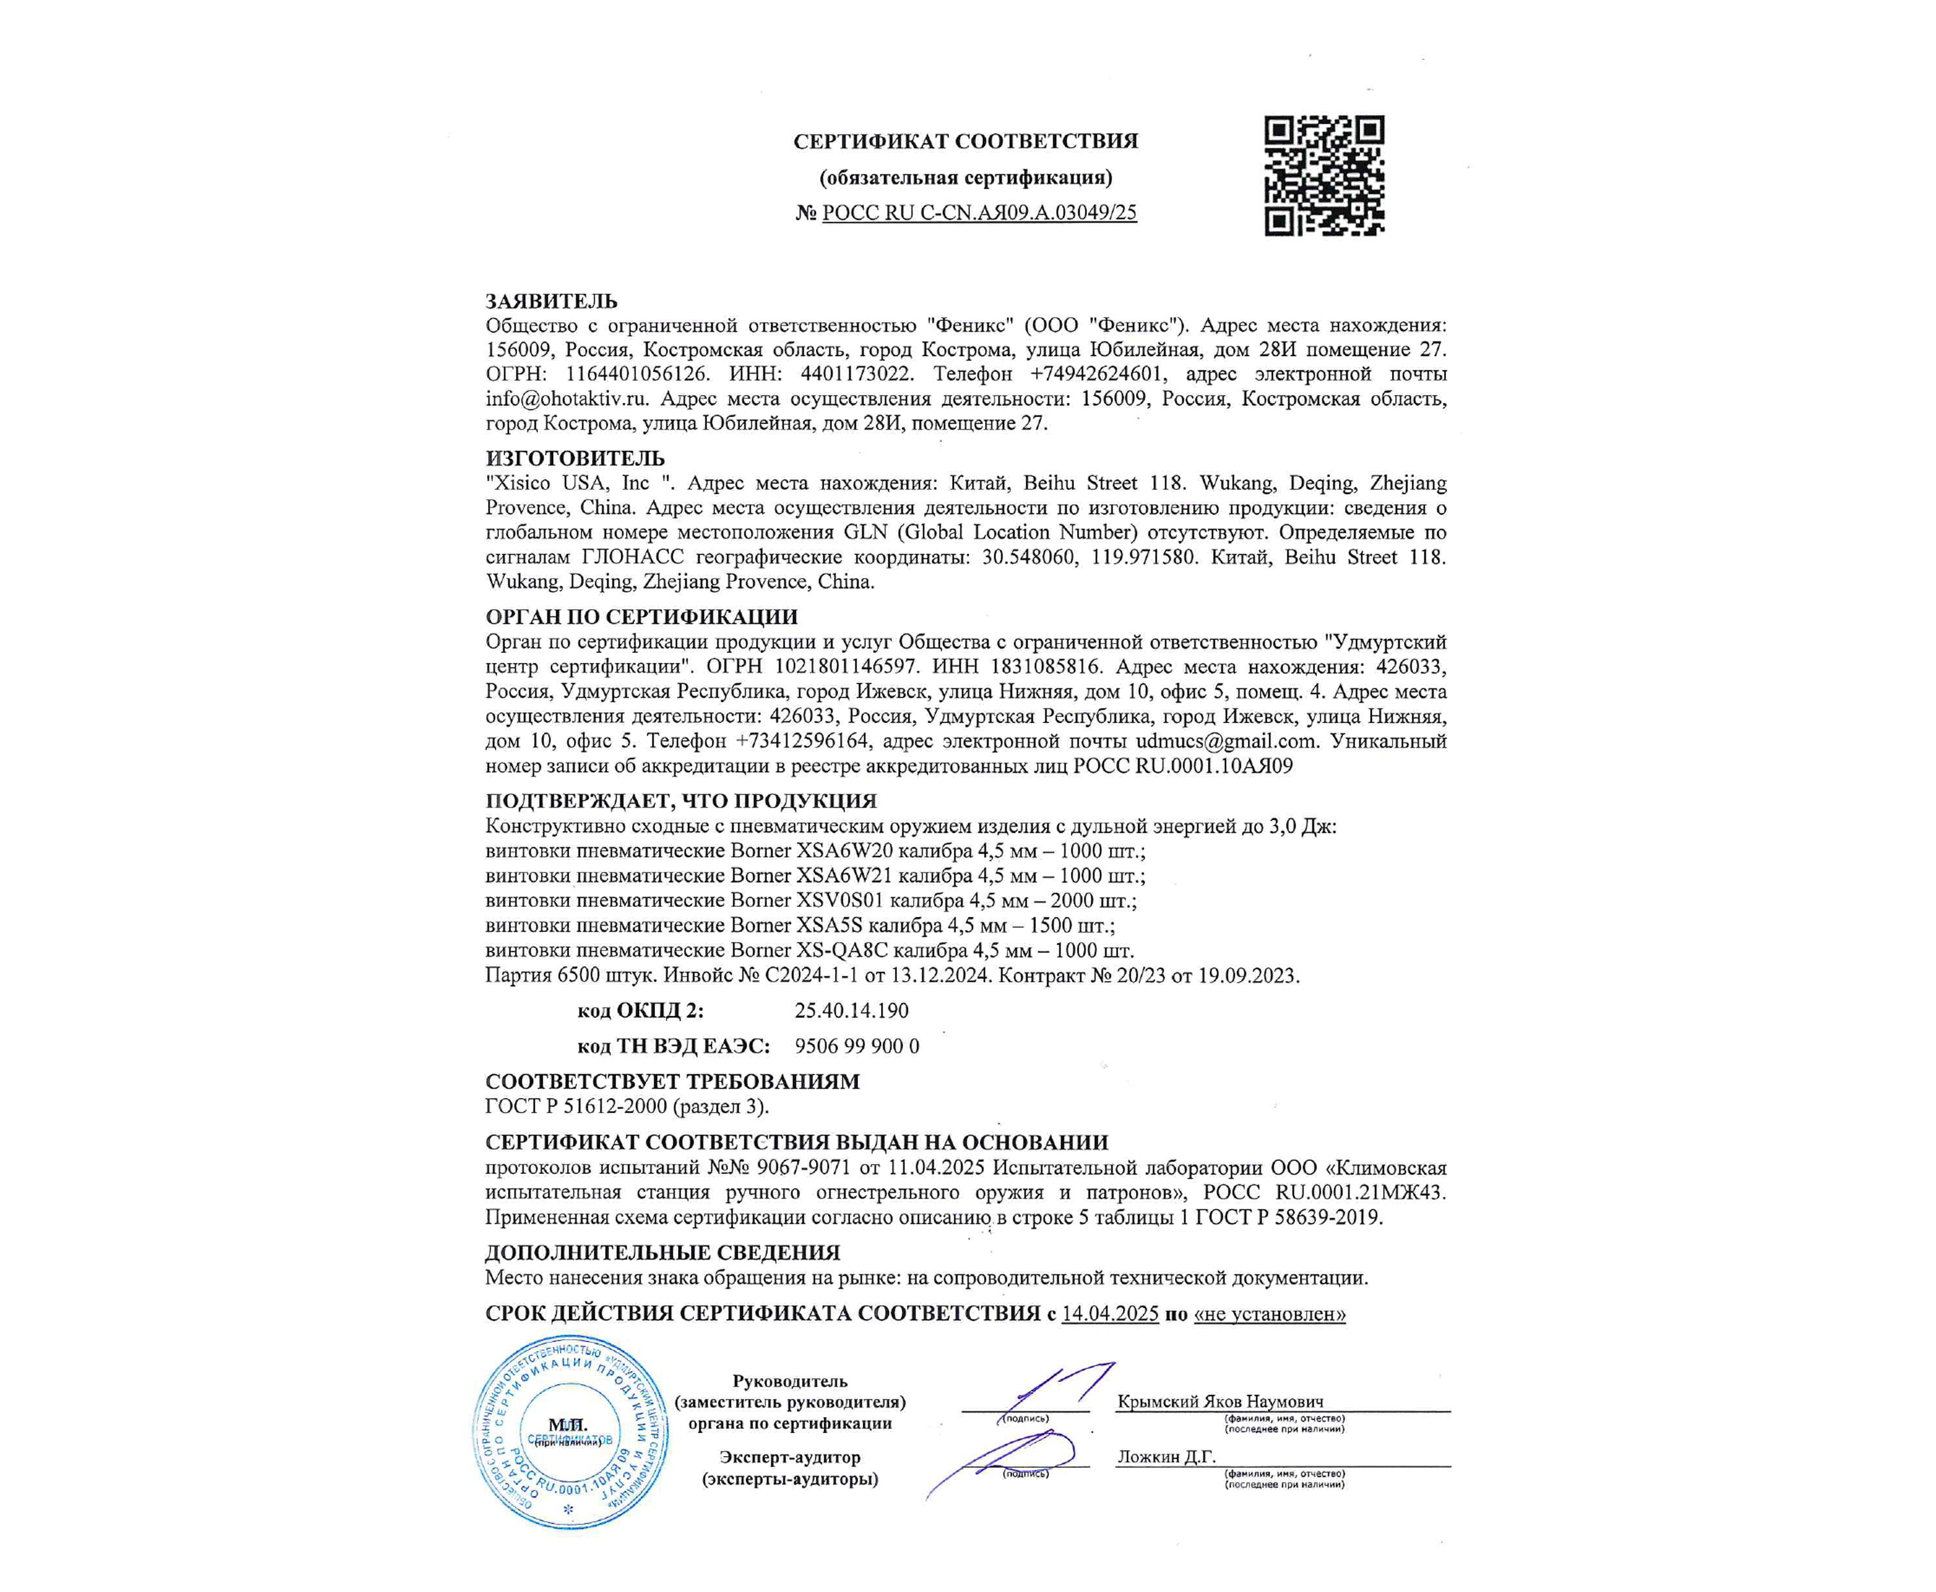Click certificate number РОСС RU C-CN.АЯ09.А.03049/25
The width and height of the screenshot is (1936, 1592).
coord(979,212)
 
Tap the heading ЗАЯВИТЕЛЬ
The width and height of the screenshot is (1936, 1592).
coord(551,301)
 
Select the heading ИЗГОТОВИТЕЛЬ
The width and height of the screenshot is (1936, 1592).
coord(575,457)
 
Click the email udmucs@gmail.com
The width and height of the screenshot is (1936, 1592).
coord(1226,741)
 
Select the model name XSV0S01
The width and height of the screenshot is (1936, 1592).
coord(839,901)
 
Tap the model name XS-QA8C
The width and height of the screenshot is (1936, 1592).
coord(842,950)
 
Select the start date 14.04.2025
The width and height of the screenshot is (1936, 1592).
coord(1110,1314)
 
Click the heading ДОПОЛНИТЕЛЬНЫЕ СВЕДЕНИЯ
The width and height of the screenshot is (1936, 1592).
coord(662,1253)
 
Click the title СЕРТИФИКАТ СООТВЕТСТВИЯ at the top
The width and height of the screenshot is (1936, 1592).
coord(966,141)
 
